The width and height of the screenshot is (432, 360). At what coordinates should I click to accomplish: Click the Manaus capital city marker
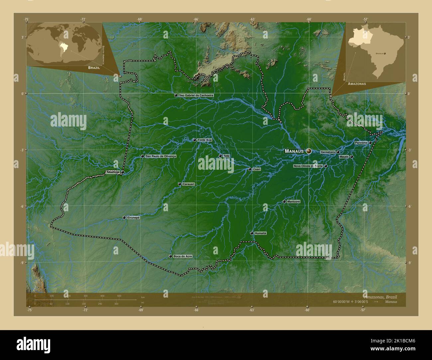pos(309,151)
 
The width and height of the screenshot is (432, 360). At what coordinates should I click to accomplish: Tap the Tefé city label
pos(226,156)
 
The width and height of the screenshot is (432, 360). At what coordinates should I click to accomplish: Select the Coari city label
pos(257,169)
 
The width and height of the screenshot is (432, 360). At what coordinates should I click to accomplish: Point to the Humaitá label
pos(261,233)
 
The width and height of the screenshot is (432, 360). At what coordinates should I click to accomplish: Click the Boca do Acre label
pos(182,256)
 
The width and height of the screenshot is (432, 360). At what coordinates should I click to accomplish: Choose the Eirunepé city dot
pos(124,218)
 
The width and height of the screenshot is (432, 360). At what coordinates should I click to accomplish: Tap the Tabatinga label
pos(112,172)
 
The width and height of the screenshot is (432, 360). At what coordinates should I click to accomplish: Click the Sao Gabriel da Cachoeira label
pos(196,95)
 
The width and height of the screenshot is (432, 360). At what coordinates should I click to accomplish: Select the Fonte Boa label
pos(204,140)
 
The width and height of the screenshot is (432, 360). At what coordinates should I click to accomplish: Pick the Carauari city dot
pos(180,184)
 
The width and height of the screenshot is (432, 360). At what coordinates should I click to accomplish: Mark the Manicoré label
pos(294,202)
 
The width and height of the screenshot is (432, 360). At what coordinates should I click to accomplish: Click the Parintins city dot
pos(370,143)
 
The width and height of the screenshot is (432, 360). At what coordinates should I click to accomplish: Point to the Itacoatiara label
pos(328,152)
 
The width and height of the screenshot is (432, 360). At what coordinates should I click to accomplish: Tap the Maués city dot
pos(352,157)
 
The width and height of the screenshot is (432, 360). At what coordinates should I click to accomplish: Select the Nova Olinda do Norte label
pos(308,166)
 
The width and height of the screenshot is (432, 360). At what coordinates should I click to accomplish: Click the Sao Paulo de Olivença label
pos(161,156)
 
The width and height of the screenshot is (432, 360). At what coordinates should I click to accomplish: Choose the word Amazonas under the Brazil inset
pos(357,84)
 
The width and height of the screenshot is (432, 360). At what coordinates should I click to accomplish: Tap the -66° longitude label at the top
pos(196,20)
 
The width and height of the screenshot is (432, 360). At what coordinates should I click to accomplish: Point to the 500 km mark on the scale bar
pos(119,296)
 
